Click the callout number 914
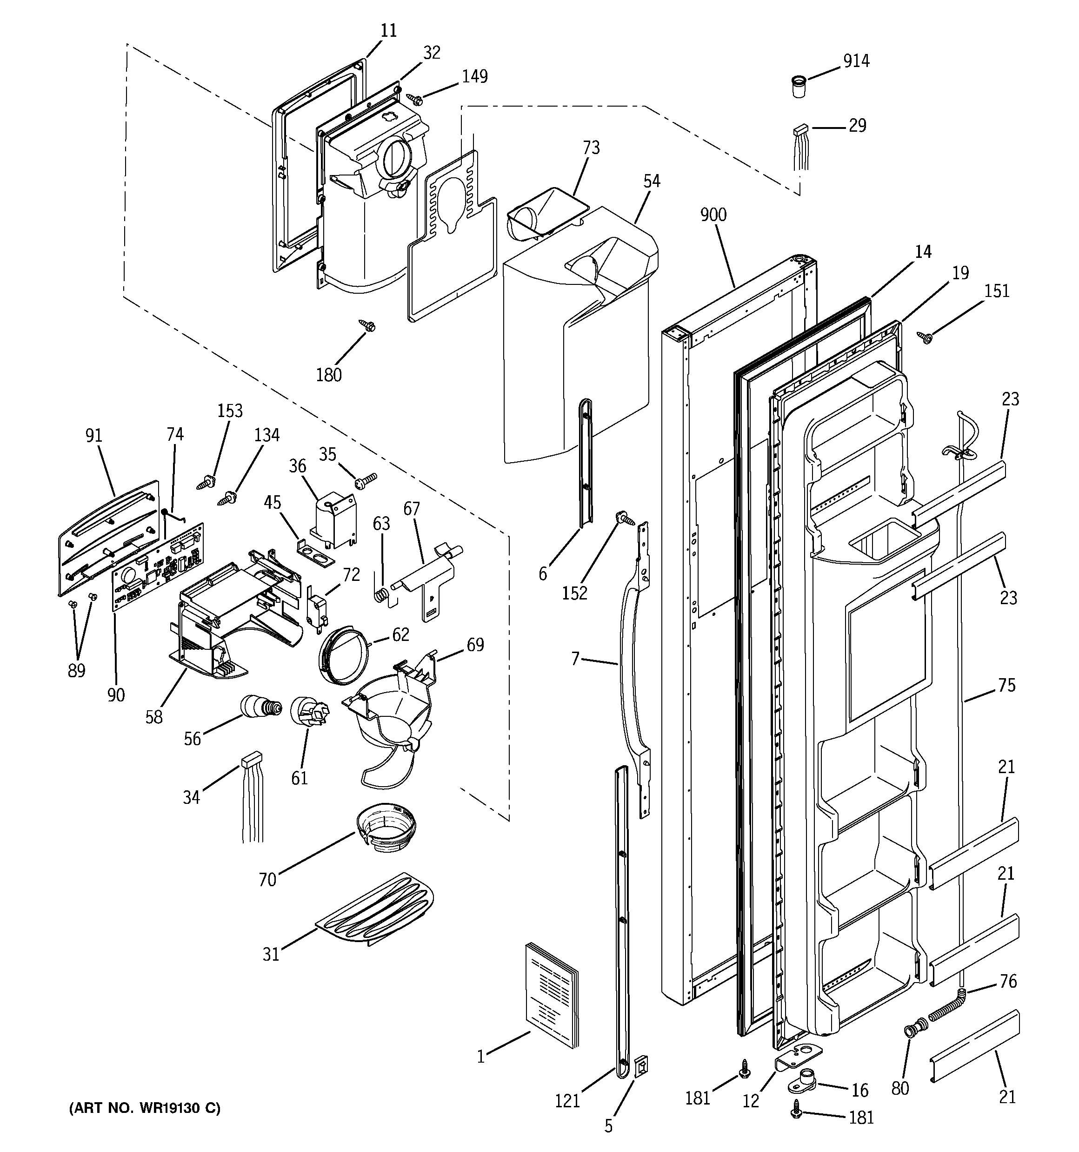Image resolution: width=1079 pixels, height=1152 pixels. point(856,61)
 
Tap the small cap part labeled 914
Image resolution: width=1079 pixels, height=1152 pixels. point(799,87)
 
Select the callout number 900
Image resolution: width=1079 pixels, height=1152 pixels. point(713,215)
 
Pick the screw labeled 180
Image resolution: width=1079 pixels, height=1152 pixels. point(366,326)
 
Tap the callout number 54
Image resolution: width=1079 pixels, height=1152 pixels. point(652,182)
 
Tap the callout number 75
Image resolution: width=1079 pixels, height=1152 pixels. point(1006,685)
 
